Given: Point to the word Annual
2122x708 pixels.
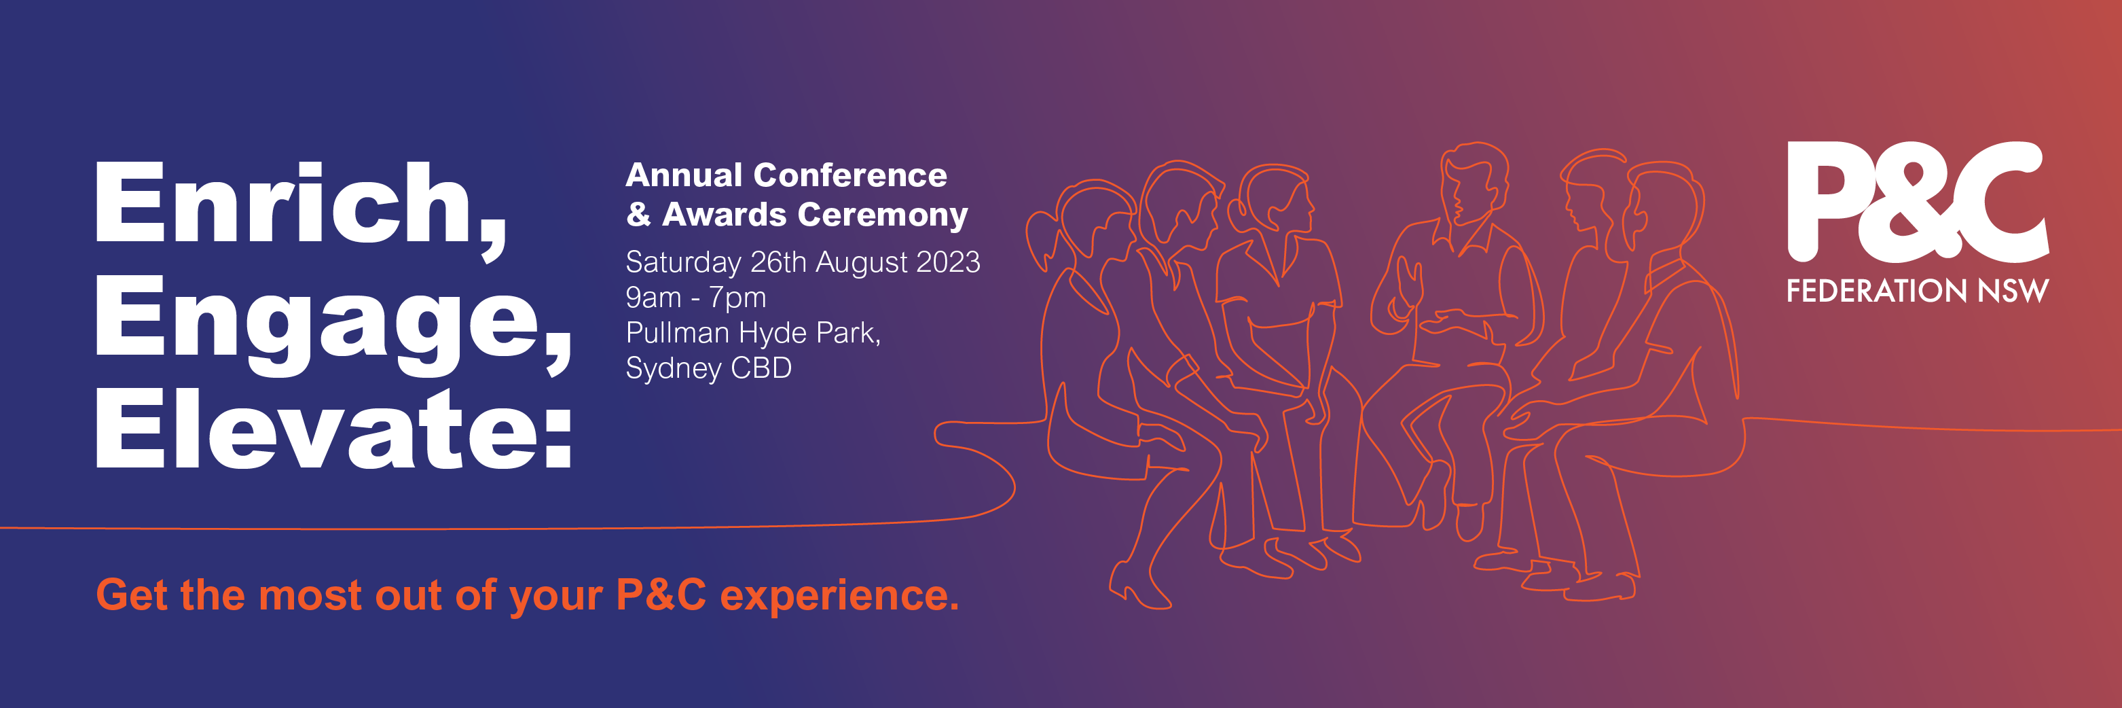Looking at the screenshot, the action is tap(684, 175).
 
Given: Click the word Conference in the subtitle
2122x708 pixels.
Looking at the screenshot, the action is tap(850, 175).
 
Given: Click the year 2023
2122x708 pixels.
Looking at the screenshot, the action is tap(947, 262).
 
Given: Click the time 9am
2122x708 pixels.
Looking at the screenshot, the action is tap(653, 298).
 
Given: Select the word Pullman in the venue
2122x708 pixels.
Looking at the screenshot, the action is tap(678, 332).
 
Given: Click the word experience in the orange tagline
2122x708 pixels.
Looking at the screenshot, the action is tap(839, 597).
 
